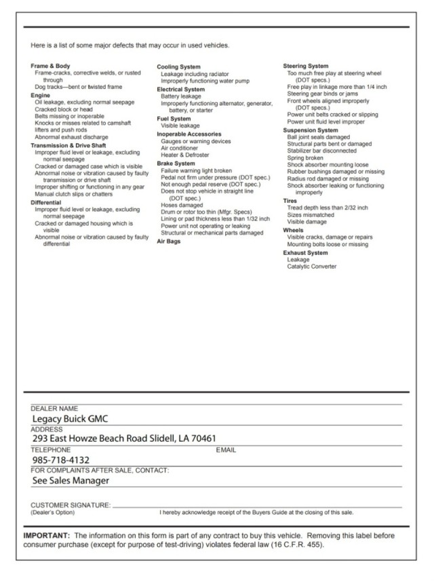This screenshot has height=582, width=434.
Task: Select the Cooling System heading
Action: click(x=178, y=66)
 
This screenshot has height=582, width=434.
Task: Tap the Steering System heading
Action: click(x=305, y=66)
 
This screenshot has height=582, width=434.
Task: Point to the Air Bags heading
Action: click(x=168, y=241)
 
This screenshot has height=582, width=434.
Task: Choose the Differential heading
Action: click(x=45, y=203)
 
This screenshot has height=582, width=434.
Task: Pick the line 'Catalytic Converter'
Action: click(x=311, y=267)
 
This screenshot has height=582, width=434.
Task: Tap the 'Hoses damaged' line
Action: click(x=182, y=205)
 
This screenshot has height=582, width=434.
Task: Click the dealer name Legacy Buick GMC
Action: click(x=70, y=419)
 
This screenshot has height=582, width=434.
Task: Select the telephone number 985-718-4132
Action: click(x=61, y=460)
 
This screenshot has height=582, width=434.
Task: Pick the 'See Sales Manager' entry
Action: click(x=71, y=480)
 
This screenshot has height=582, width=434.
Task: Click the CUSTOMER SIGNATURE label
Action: click(x=70, y=505)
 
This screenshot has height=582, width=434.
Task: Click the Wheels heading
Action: click(x=294, y=230)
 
